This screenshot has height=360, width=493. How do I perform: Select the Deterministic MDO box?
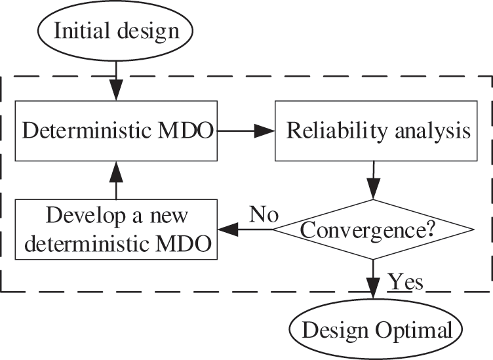[x=116, y=131]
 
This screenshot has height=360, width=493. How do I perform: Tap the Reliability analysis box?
[x=373, y=131]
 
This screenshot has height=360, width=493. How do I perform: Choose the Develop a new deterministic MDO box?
[x=116, y=230]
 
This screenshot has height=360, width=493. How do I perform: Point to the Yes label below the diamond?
[x=406, y=281]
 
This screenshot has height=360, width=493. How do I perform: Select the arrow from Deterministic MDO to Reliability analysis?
[x=245, y=131]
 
